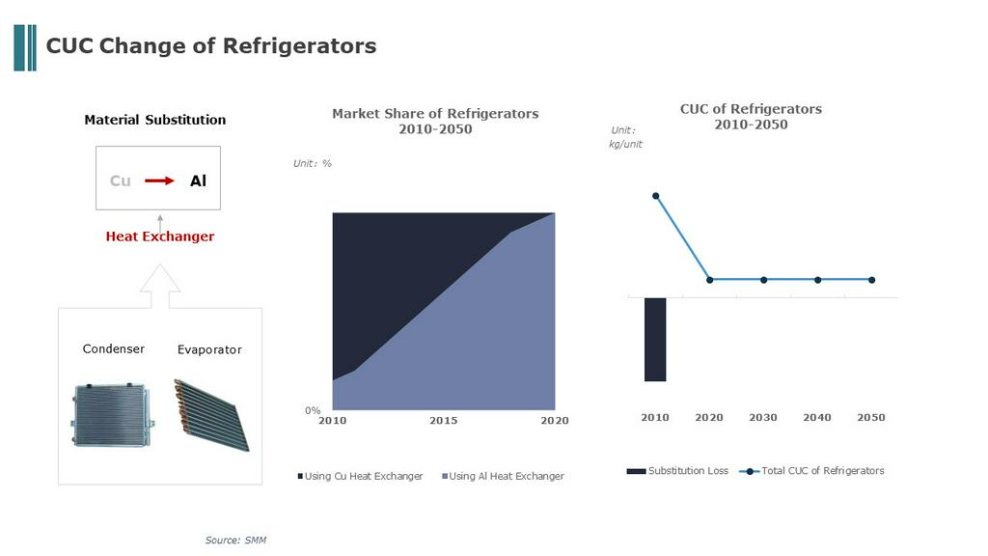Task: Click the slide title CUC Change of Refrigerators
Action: [x=211, y=46]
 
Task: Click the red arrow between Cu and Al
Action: [x=159, y=181]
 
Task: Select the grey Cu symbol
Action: [x=121, y=181]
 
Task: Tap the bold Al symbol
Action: [x=199, y=181]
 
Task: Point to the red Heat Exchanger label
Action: [x=160, y=236]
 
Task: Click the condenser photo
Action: [x=113, y=414]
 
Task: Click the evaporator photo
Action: [x=211, y=415]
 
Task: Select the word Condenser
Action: [x=114, y=348]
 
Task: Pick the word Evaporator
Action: [x=209, y=349]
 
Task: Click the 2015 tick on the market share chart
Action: [x=444, y=421]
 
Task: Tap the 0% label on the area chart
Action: [x=313, y=410]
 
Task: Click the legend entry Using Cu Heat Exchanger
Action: [x=361, y=476]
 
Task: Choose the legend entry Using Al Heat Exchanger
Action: [x=503, y=476]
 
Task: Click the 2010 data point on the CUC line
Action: [x=656, y=196]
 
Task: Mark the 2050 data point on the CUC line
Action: [x=871, y=280]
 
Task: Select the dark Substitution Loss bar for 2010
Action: [x=655, y=340]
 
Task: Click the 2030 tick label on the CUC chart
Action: [x=763, y=417]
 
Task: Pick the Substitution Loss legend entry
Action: [x=677, y=471]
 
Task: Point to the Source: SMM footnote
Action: [x=235, y=541]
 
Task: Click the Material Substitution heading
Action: [x=155, y=120]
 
